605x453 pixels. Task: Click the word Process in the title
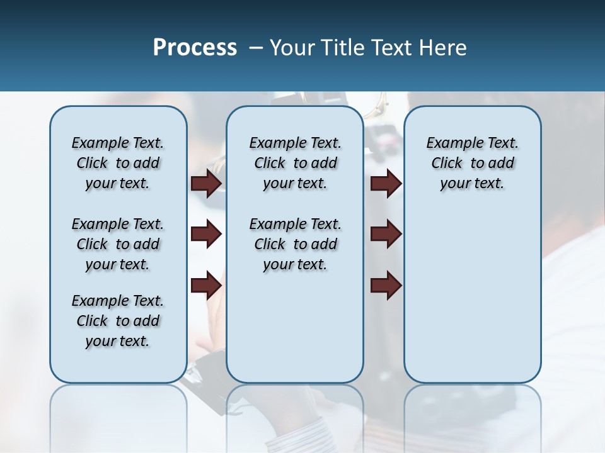tap(195, 48)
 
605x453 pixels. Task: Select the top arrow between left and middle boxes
tap(206, 183)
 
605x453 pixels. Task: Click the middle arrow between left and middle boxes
tap(206, 234)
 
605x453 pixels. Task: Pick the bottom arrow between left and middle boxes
tap(206, 286)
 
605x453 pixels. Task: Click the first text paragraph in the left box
tap(118, 163)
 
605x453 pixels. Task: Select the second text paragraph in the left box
tap(118, 244)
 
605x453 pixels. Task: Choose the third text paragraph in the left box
tap(118, 321)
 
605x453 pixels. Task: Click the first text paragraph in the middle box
tap(296, 163)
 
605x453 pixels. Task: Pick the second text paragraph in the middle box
tap(296, 244)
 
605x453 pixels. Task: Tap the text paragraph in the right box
tap(473, 163)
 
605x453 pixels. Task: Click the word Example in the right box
tap(450, 143)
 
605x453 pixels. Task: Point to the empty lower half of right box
tap(473, 302)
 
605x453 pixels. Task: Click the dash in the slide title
tap(255, 48)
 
